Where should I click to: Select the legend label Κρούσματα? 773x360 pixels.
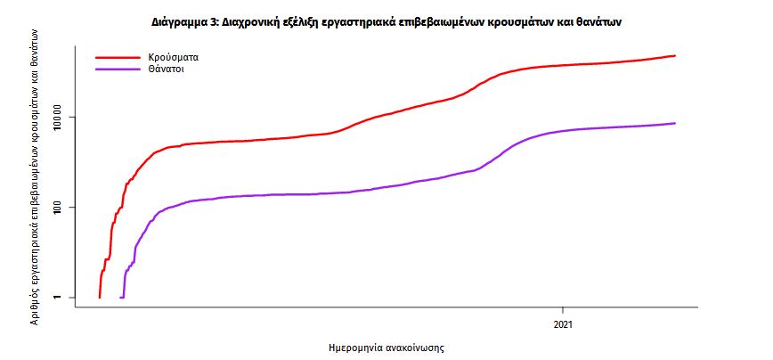pyautogui.click(x=173, y=57)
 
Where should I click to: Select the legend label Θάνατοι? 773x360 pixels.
pyautogui.click(x=167, y=68)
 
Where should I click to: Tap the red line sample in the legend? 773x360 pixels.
pyautogui.click(x=117, y=57)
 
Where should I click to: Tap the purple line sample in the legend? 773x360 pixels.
pyautogui.click(x=117, y=68)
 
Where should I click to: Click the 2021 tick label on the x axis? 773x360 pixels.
pyautogui.click(x=564, y=324)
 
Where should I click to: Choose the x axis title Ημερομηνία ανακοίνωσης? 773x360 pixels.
pyautogui.click(x=386, y=347)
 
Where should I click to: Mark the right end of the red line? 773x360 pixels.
pyautogui.click(x=675, y=56)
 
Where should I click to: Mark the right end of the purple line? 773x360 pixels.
pyautogui.click(x=675, y=123)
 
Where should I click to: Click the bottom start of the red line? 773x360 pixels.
pyautogui.click(x=99, y=297)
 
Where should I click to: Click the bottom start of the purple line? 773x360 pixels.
pyautogui.click(x=121, y=297)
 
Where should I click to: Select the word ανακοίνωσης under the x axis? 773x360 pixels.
pyautogui.click(x=416, y=347)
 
